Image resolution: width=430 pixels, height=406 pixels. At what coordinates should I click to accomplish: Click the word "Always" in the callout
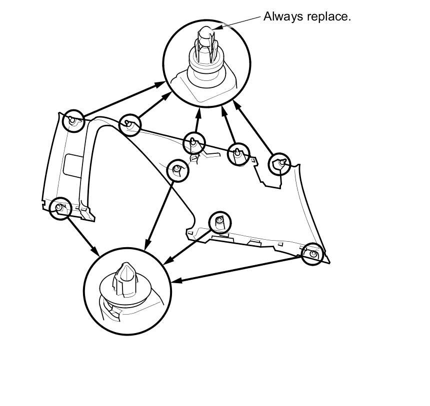tap(281, 16)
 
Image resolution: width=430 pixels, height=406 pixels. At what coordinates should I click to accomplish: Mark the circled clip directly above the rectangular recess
tap(73, 120)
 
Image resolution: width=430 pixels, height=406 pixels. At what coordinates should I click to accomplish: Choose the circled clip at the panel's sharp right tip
tap(313, 254)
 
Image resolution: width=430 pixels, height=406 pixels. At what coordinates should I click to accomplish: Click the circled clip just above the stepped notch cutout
tap(279, 164)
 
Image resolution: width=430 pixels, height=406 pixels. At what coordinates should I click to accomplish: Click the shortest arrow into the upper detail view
tap(196, 121)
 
